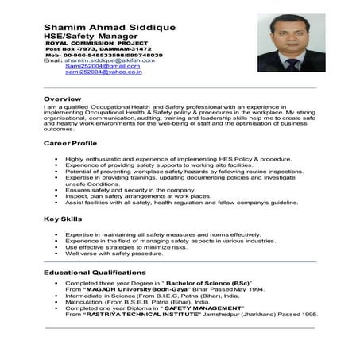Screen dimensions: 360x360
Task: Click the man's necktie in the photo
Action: (288, 62)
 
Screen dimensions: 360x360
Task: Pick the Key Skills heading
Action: (63, 219)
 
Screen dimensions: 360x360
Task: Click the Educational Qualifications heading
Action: (98, 273)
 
